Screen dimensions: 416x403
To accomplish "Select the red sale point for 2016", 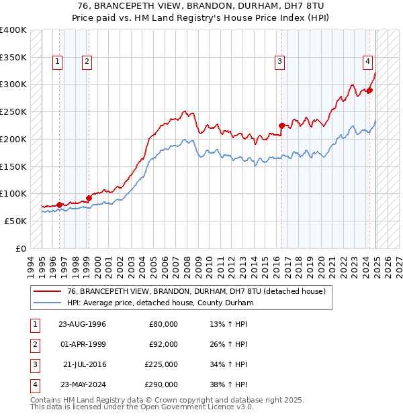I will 281,124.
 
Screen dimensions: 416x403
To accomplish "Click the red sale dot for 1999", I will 89,198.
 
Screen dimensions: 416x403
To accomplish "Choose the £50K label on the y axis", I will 15,221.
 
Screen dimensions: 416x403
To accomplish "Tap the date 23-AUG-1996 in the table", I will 82,324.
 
